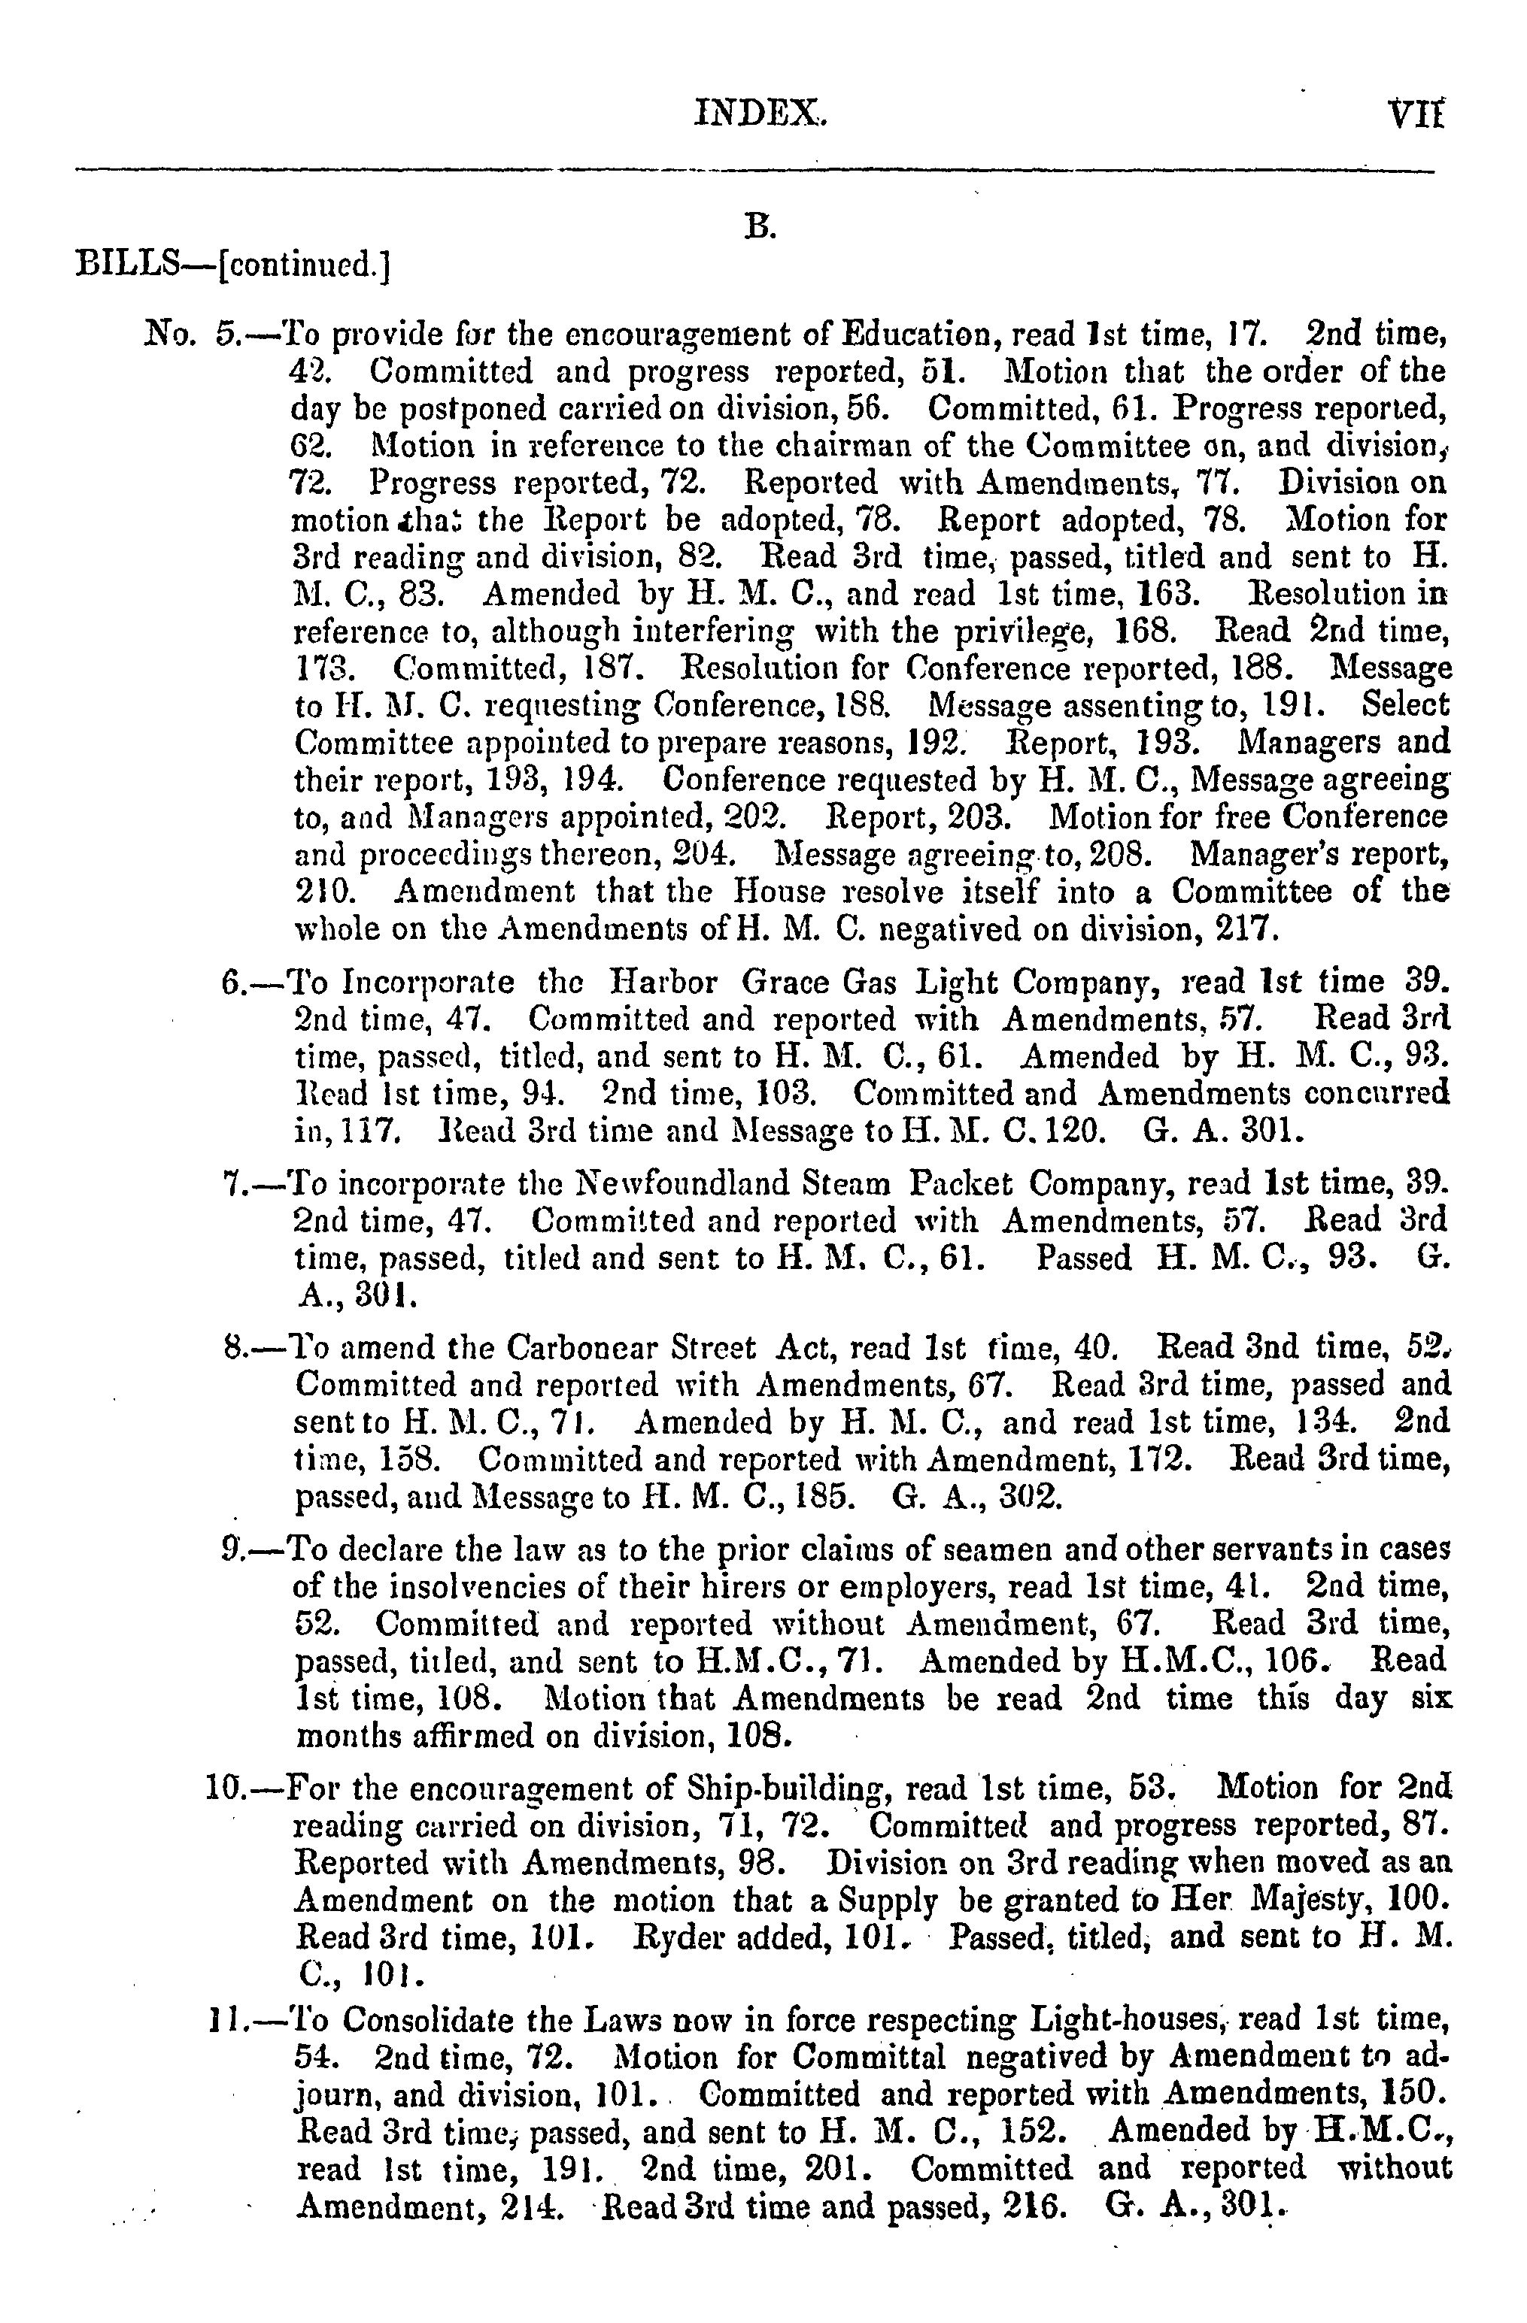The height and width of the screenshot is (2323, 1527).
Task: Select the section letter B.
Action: [x=760, y=226]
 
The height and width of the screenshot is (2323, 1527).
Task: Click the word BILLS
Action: [x=129, y=264]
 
